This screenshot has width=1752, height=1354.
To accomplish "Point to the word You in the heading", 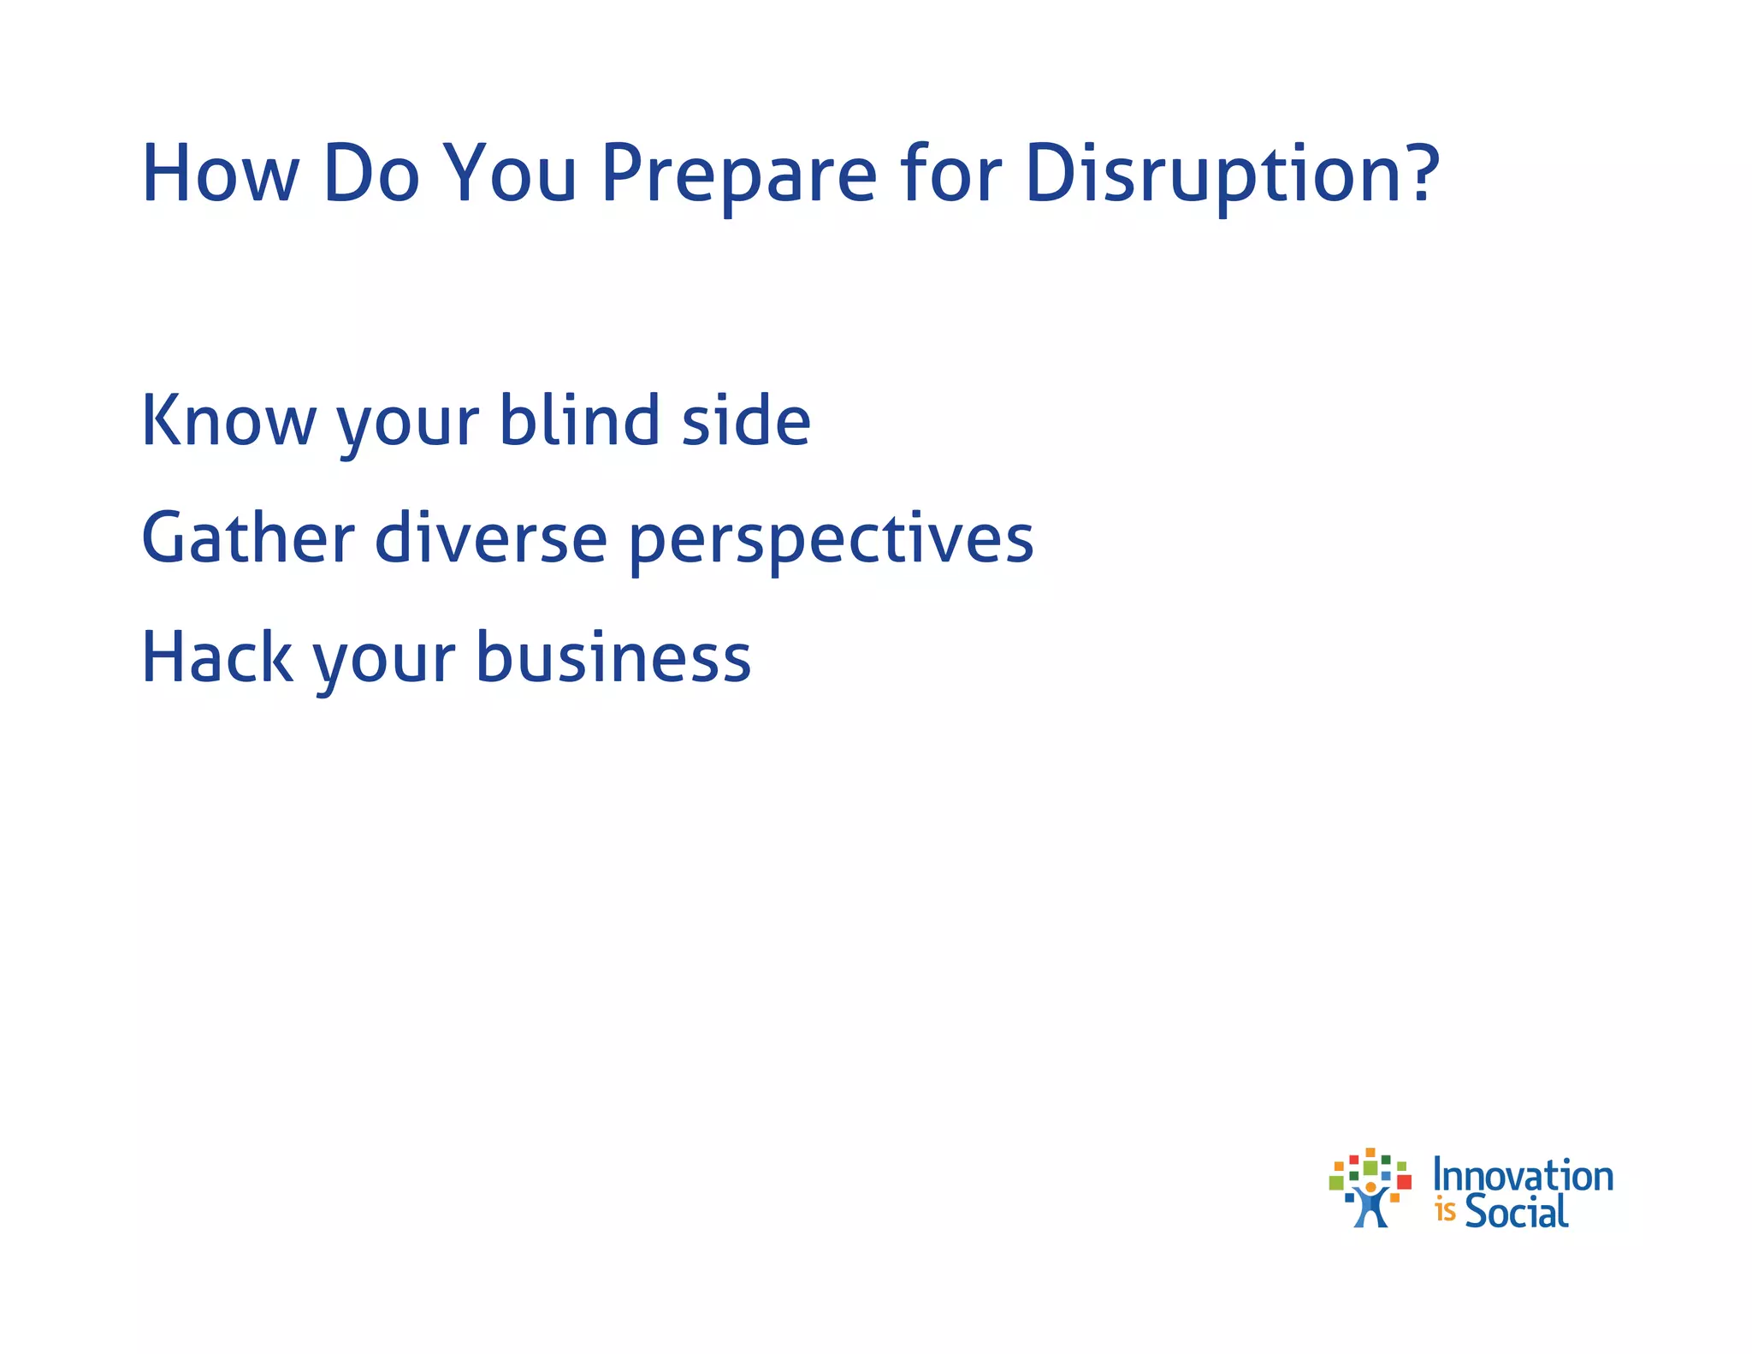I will pos(512,175).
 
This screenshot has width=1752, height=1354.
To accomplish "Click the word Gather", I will pos(247,538).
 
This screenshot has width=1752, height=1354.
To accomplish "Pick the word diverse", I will pos(491,538).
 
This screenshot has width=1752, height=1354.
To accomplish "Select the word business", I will pos(613,657).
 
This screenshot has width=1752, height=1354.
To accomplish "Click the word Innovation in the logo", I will pos(1523,1176).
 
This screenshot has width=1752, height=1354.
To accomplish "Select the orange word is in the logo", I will pos(1445,1212).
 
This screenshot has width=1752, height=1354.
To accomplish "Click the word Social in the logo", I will pos(1516,1211).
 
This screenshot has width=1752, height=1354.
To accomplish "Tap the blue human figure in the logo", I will pos(1370,1209).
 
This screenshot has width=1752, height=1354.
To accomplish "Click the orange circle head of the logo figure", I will pos(1370,1188).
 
